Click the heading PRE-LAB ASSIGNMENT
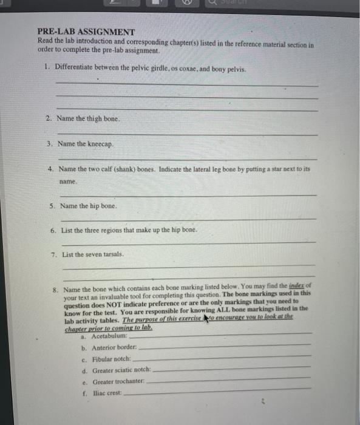click(86, 32)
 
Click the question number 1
click(47, 68)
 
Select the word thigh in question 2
click(93, 118)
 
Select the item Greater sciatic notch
click(121, 370)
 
